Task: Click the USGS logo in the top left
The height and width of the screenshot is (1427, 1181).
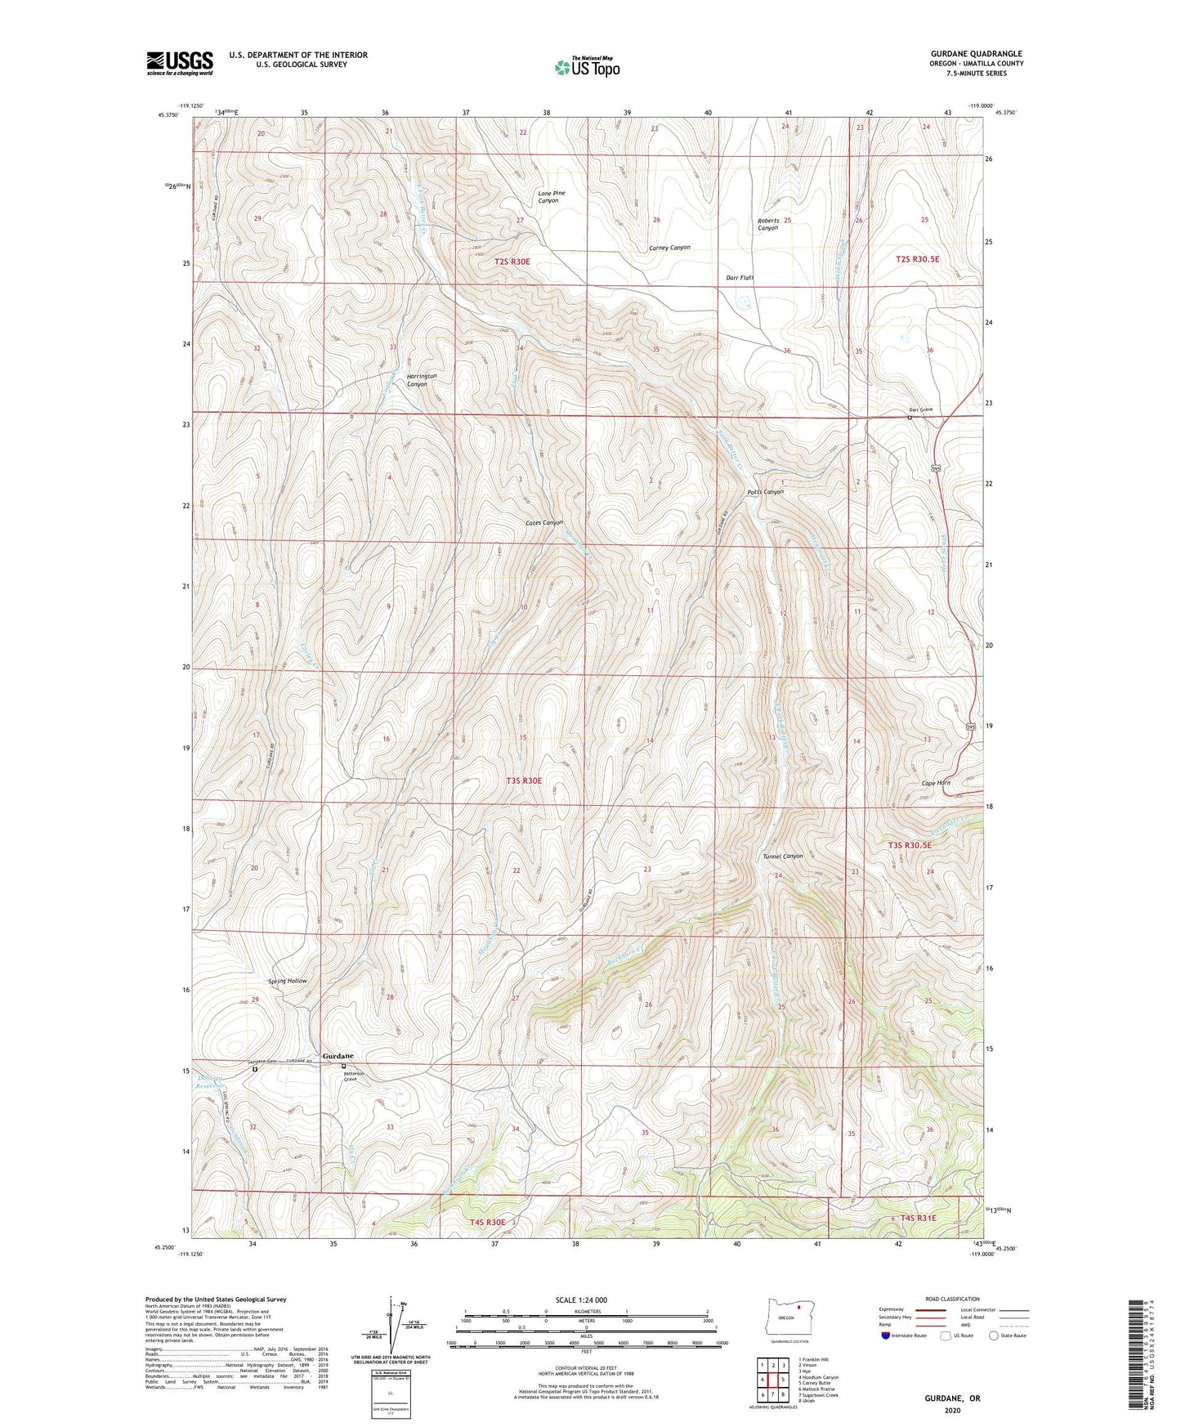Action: click(x=179, y=63)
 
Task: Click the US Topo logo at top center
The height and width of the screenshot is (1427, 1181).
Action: click(x=586, y=67)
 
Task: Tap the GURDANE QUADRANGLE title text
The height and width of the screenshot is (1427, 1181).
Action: click(x=975, y=53)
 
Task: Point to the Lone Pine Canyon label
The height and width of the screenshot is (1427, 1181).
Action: click(x=551, y=197)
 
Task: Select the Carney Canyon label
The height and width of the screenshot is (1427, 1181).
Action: click(x=669, y=248)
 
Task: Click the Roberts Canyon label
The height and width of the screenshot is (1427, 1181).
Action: click(x=767, y=225)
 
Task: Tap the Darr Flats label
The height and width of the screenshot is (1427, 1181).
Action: click(x=740, y=278)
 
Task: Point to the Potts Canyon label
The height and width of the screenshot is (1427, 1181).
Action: click(x=765, y=492)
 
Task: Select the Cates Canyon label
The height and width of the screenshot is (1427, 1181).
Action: click(x=544, y=522)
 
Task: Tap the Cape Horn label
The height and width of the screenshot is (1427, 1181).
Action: click(x=936, y=783)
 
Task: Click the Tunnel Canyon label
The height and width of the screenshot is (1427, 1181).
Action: click(x=782, y=857)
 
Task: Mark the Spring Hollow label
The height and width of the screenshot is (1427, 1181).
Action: click(x=288, y=981)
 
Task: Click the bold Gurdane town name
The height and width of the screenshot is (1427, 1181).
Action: click(x=338, y=1056)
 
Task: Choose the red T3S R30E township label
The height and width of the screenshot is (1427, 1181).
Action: click(x=523, y=781)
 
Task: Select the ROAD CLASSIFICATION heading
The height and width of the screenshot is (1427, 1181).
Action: click(x=953, y=1299)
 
